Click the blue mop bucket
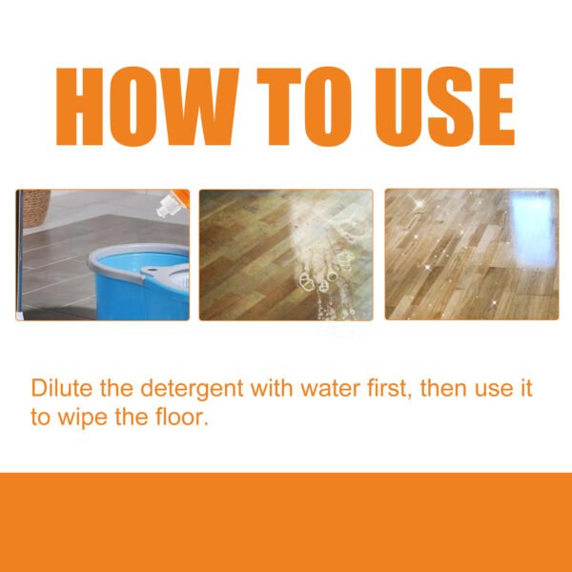pyautogui.click(x=133, y=291)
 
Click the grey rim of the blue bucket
pyautogui.click(x=124, y=262)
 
